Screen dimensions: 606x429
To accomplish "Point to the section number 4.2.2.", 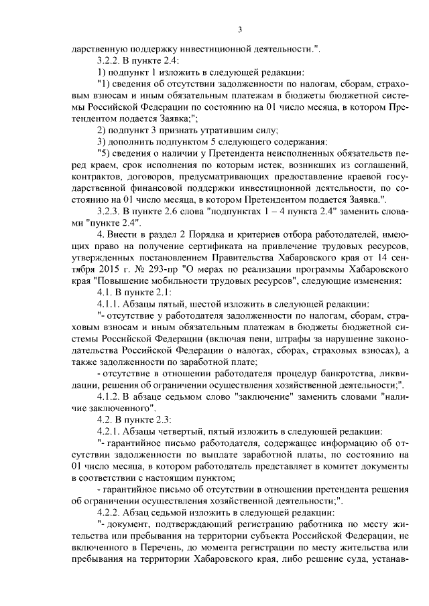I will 111,510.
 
